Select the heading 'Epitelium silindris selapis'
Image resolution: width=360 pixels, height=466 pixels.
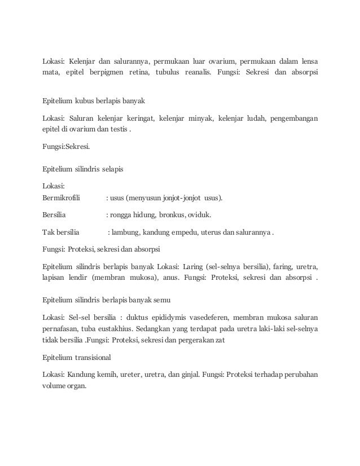click(84, 168)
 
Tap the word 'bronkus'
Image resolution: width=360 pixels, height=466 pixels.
click(166, 214)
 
